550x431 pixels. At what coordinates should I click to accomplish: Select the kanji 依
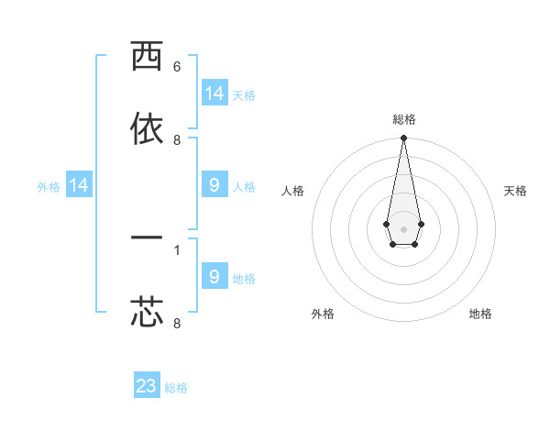(147, 128)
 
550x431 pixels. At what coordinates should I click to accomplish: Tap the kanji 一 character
(147, 238)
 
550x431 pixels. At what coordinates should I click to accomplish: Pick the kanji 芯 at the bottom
(147, 312)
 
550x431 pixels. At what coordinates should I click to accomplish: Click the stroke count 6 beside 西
(177, 67)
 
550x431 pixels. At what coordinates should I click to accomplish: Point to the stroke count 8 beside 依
(177, 140)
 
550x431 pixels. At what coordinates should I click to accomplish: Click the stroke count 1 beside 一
(177, 249)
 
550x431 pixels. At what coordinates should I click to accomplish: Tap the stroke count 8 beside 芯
(177, 323)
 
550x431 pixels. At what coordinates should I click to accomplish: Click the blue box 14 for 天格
(214, 94)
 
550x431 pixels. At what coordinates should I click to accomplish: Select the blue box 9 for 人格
(214, 185)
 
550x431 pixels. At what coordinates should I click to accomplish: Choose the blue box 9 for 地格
(214, 276)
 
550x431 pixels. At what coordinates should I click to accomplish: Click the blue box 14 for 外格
(79, 185)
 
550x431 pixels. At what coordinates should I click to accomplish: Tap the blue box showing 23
(147, 386)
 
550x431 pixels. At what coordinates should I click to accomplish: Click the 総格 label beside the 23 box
(177, 388)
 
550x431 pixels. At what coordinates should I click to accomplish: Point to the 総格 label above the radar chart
(404, 119)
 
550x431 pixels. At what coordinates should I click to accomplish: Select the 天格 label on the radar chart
(515, 191)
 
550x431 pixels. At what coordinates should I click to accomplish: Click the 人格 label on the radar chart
(292, 191)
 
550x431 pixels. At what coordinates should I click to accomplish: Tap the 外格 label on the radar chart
(323, 314)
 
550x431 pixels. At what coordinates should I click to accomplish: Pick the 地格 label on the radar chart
(480, 314)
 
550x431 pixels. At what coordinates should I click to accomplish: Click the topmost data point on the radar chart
(403, 138)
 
